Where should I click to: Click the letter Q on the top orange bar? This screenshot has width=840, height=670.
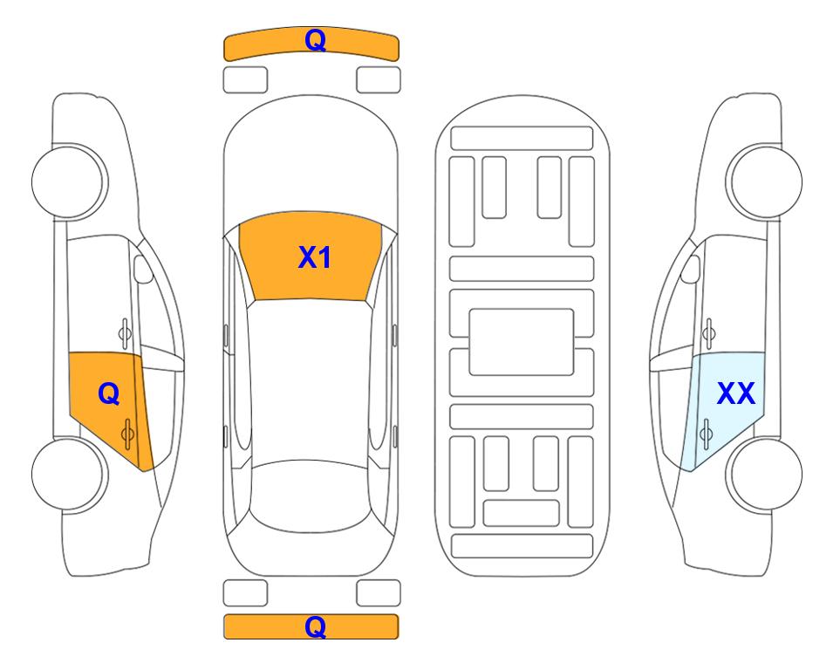point(316,40)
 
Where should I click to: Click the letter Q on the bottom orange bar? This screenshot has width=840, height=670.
point(316,626)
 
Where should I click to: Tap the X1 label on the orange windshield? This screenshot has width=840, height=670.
point(315,257)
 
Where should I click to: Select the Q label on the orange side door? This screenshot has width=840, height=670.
point(109,394)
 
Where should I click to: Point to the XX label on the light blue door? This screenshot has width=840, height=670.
point(736,393)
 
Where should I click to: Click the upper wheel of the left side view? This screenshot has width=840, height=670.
point(70,181)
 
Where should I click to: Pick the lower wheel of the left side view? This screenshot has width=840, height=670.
point(70,474)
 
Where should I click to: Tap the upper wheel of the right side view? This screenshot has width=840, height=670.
point(764,181)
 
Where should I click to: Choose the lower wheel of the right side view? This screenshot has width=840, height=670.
point(764,474)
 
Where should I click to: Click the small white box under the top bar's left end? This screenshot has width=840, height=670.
point(245,80)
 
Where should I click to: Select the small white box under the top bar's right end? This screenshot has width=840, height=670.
point(379,80)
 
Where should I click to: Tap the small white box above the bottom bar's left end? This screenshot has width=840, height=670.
point(245,593)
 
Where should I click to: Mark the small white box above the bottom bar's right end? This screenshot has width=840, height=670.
point(379,593)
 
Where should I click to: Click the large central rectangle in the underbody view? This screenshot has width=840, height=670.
point(522,342)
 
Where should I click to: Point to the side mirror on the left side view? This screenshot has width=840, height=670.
point(142,269)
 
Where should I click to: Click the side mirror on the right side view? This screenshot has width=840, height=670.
point(691,269)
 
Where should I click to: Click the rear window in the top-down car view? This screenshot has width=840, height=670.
point(311,496)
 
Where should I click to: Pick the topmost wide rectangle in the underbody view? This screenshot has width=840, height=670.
point(522,139)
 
